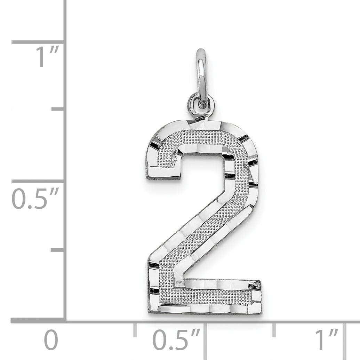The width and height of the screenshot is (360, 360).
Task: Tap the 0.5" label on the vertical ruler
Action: (x=35, y=199)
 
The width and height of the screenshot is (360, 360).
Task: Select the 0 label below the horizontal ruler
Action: (x=51, y=340)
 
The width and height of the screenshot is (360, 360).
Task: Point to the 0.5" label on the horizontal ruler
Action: (x=177, y=340)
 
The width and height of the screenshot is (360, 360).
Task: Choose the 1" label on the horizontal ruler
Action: (x=327, y=340)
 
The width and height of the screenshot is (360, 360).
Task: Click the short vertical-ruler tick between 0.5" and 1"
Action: (x=58, y=109)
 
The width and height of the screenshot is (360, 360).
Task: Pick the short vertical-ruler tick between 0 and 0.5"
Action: (x=58, y=250)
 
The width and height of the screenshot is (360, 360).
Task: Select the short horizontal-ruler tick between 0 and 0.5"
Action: (x=135, y=330)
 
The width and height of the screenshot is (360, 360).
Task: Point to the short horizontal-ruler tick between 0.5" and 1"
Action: (x=274, y=330)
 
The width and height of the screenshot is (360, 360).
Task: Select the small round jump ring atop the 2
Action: (x=201, y=105)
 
